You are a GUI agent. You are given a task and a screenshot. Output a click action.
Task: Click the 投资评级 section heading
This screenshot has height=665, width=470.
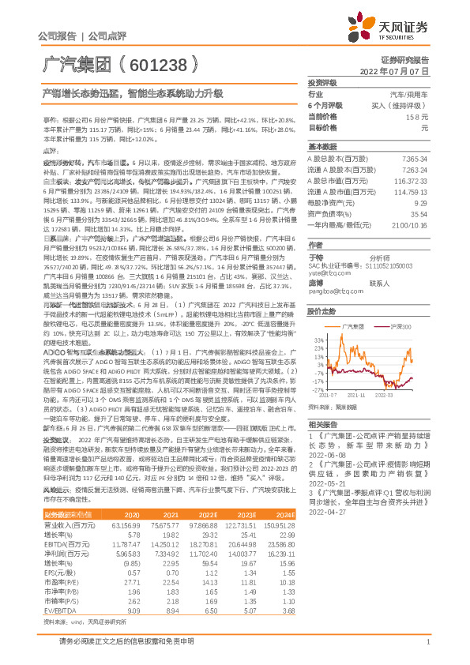click(322, 83)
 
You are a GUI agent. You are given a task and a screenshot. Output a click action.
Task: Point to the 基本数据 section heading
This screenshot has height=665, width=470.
click(322, 146)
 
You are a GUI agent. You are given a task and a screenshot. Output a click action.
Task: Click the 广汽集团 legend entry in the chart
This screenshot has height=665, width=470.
click(349, 326)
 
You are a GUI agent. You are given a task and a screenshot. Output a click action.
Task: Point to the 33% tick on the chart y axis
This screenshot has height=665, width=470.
click(318, 339)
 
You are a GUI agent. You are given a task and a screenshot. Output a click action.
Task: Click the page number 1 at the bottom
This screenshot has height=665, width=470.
click(427, 651)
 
